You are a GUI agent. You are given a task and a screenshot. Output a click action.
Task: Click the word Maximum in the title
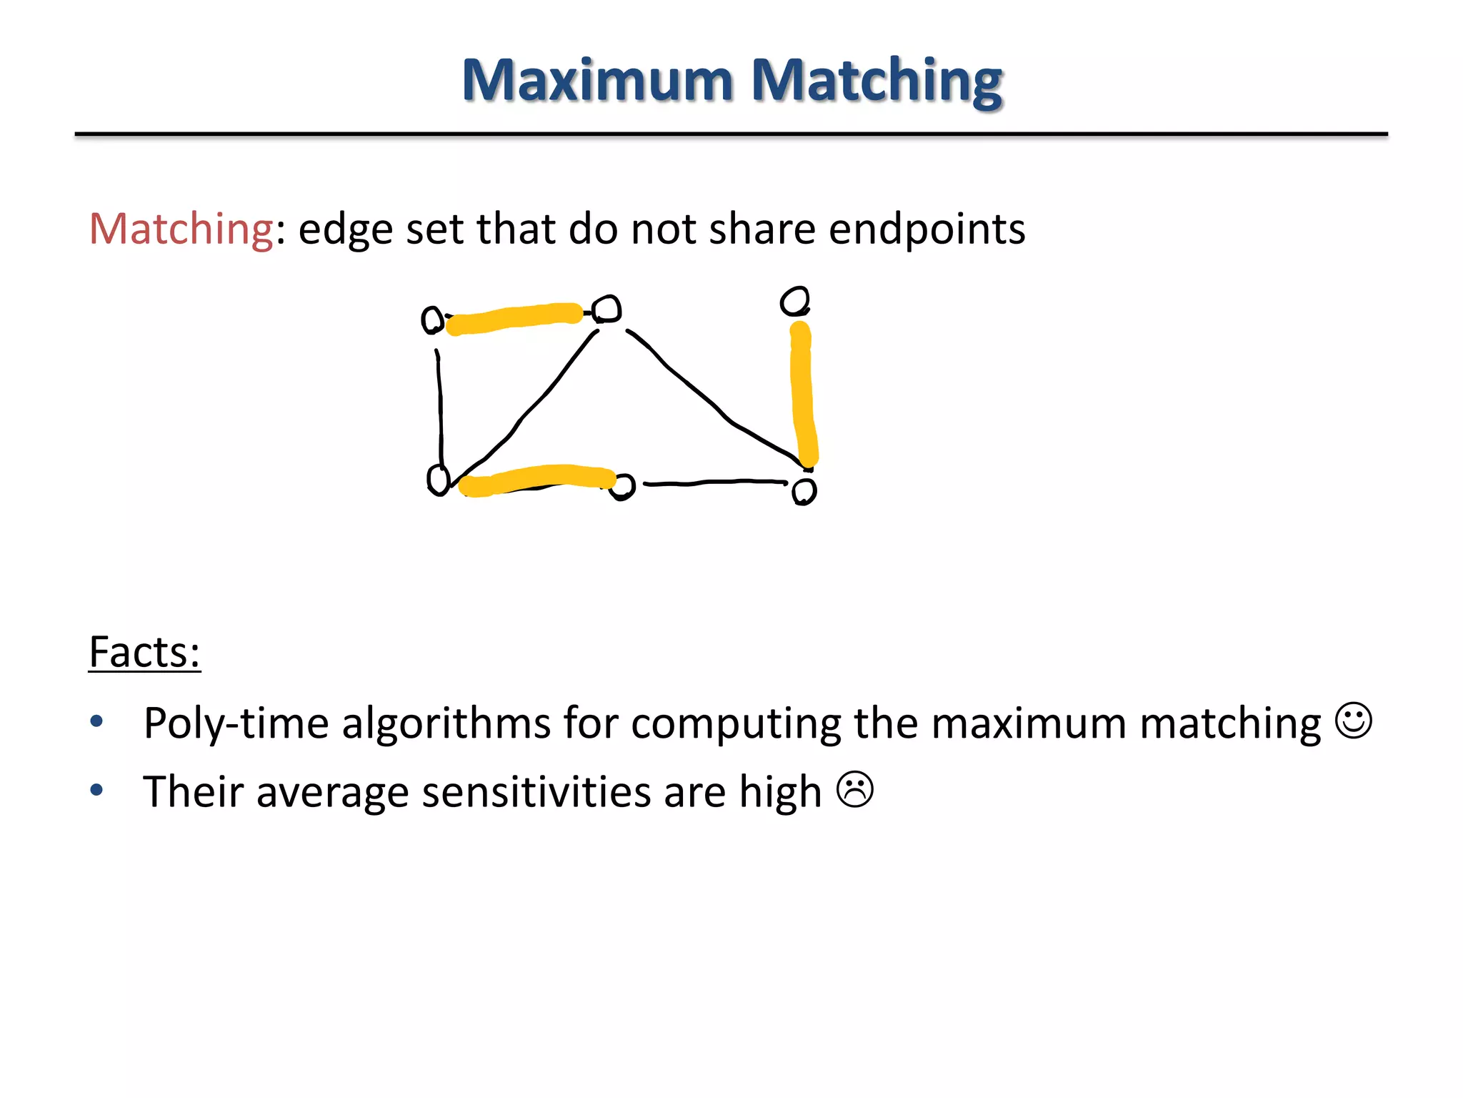click(x=597, y=80)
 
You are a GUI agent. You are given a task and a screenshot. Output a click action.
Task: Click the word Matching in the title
click(x=877, y=81)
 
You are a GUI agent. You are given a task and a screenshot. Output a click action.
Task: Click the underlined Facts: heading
click(x=144, y=652)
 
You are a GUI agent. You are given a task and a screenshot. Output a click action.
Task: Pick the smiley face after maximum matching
click(x=1354, y=721)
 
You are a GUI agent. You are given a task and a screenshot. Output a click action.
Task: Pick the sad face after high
click(x=854, y=790)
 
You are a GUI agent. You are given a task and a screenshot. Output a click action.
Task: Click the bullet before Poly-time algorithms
click(x=97, y=722)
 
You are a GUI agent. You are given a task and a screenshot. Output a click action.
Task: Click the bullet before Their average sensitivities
click(x=97, y=791)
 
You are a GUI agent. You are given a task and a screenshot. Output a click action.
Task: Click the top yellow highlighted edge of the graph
click(x=514, y=318)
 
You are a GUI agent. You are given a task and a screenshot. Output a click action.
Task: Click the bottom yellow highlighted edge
click(x=536, y=480)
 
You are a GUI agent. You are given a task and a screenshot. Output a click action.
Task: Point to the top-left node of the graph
click(x=432, y=320)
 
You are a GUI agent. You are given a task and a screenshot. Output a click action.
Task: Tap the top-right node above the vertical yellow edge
click(x=794, y=301)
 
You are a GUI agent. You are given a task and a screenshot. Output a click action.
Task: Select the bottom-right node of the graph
click(x=804, y=491)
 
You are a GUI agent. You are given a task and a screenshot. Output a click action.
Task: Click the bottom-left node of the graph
click(x=438, y=479)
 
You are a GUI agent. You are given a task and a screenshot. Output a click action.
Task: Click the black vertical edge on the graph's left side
click(x=439, y=407)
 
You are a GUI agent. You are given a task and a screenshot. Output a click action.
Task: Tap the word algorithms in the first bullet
click(x=446, y=723)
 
